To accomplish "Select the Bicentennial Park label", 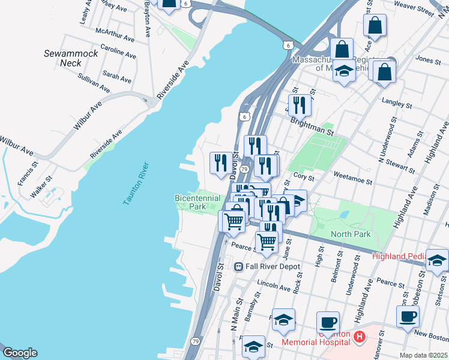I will tap(197, 202).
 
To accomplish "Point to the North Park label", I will tap(351, 234).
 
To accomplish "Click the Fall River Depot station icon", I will tap(238, 266).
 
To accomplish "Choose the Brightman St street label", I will tap(312, 124).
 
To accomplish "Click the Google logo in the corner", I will tap(19, 353).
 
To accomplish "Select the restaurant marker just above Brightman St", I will tap(300, 105).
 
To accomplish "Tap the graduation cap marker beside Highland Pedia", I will tap(438, 260).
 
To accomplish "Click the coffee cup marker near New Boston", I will tap(408, 316).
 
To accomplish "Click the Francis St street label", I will tap(28, 171).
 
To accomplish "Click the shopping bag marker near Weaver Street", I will tap(375, 25).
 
